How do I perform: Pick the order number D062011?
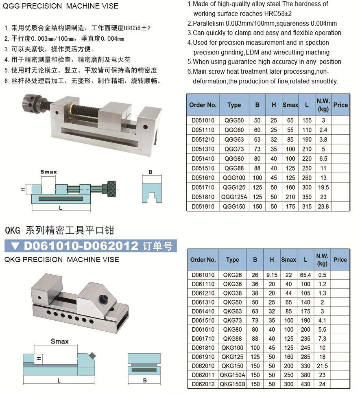(203, 375)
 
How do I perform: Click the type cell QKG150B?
(233, 384)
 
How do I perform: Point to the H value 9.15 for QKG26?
(272, 275)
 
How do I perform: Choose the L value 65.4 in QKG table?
(305, 275)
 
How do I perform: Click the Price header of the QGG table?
(340, 105)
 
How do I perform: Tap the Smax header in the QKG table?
(288, 259)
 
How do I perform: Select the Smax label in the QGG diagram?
(48, 172)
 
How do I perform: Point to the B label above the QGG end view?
(150, 172)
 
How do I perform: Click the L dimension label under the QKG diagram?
(59, 381)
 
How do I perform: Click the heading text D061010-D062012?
(81, 246)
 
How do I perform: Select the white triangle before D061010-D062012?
(15, 246)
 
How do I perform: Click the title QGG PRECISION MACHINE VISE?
(61, 6)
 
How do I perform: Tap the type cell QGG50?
(234, 121)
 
